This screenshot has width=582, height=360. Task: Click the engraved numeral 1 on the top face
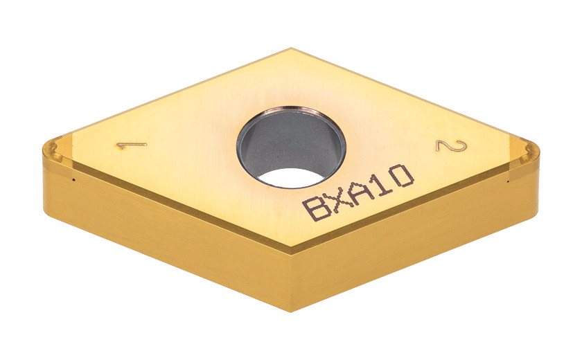[x=131, y=145]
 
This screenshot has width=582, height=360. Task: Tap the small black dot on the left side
[x=73, y=182]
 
